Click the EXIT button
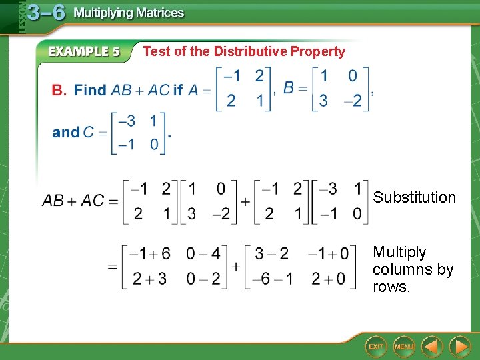coord(377,346)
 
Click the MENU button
coord(404,346)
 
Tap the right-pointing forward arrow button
coord(459,346)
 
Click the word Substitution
coord(414,197)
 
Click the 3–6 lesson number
coord(46,13)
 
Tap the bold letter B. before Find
coord(59,90)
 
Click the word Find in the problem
coord(90,90)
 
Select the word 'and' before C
coord(65,132)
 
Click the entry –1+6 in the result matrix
coord(150,254)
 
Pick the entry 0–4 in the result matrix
coord(203,254)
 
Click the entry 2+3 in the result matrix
coord(149,279)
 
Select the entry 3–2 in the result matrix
coord(271,254)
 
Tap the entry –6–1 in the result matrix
coord(271,279)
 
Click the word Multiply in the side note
coord(399,252)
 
